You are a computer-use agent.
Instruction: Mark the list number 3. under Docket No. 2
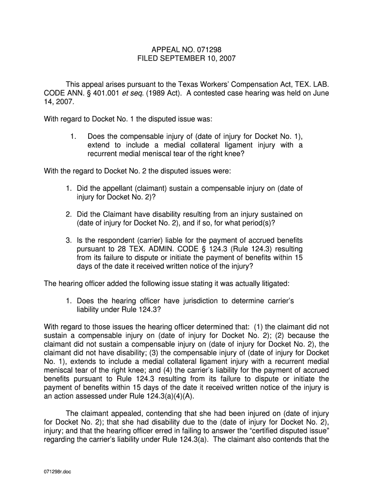69,240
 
